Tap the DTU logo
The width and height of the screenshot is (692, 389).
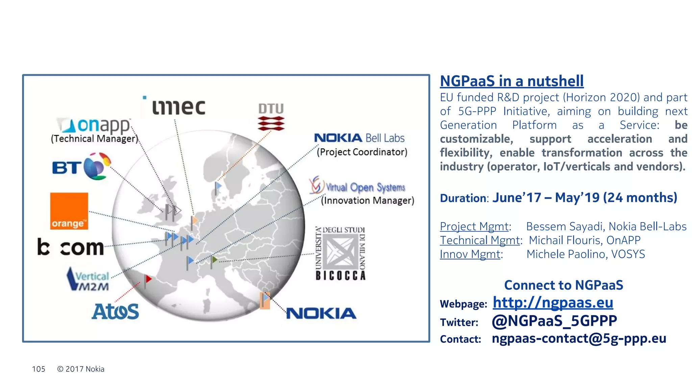[271, 117]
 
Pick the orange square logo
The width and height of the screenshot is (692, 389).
[69, 211]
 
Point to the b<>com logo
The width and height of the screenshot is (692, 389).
[71, 248]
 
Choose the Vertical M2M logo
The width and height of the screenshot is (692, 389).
[88, 279]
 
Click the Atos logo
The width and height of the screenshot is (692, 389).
[115, 311]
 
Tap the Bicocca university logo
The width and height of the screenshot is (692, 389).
[340, 253]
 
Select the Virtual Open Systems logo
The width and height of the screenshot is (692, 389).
[357, 186]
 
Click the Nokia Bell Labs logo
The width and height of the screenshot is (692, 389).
[359, 138]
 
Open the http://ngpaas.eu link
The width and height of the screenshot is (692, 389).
[553, 303]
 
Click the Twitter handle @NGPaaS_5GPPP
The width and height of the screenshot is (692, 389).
[554, 321]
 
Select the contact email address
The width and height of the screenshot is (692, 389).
[579, 338]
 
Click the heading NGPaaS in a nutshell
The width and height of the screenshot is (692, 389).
[512, 81]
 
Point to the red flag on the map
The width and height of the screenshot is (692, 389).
[148, 279]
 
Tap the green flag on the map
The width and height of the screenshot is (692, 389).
[214, 260]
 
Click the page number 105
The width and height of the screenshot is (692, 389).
[39, 369]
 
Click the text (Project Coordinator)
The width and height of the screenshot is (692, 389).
[362, 152]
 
